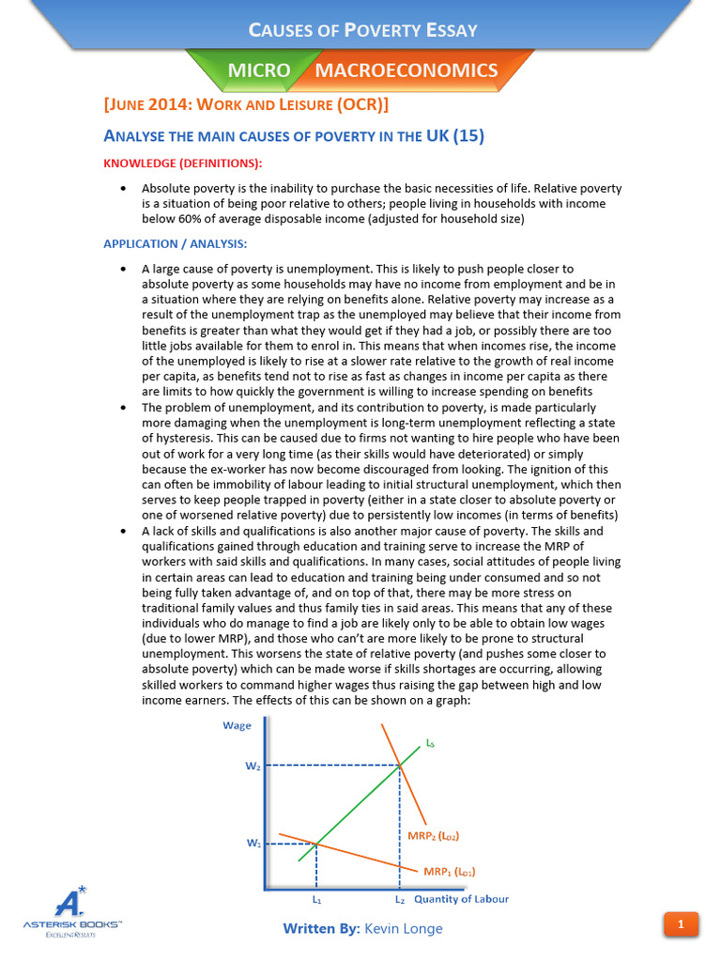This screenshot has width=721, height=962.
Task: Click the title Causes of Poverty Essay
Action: click(362, 30)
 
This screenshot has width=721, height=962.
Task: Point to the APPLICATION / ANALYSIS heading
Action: click(175, 244)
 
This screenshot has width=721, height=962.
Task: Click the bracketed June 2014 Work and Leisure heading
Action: click(246, 102)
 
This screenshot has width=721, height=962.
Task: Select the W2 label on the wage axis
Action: click(253, 767)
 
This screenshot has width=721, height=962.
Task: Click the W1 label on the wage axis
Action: click(253, 844)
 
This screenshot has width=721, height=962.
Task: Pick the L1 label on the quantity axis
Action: click(316, 900)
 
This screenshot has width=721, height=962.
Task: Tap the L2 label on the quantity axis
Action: click(400, 900)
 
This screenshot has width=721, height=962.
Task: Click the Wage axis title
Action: click(237, 725)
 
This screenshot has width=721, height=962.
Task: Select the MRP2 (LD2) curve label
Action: click(433, 835)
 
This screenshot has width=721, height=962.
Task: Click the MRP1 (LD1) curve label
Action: click(449, 872)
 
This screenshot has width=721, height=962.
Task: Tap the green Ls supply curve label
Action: click(430, 743)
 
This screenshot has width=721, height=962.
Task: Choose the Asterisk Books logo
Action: click(72, 911)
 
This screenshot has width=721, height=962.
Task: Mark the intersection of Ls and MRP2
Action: click(401, 766)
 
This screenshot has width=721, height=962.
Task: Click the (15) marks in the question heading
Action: click(468, 136)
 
